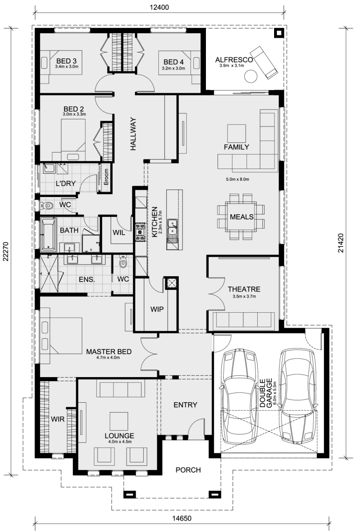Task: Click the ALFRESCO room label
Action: pos(234,60)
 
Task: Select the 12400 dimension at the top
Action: pos(160,7)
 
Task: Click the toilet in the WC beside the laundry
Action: pos(47,205)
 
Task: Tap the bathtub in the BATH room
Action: pos(48,234)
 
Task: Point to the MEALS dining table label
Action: pos(242,217)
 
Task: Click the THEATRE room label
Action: pos(244,289)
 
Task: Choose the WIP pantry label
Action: pos(157,309)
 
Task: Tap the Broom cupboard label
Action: pos(106,177)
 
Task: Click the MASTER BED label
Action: pos(109,351)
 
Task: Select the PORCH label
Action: pos(188,470)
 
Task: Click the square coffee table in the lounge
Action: pos(119,421)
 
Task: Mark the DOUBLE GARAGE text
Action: pos(267,392)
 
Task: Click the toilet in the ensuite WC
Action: pos(123,262)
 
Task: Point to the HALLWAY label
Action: pos(133,134)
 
